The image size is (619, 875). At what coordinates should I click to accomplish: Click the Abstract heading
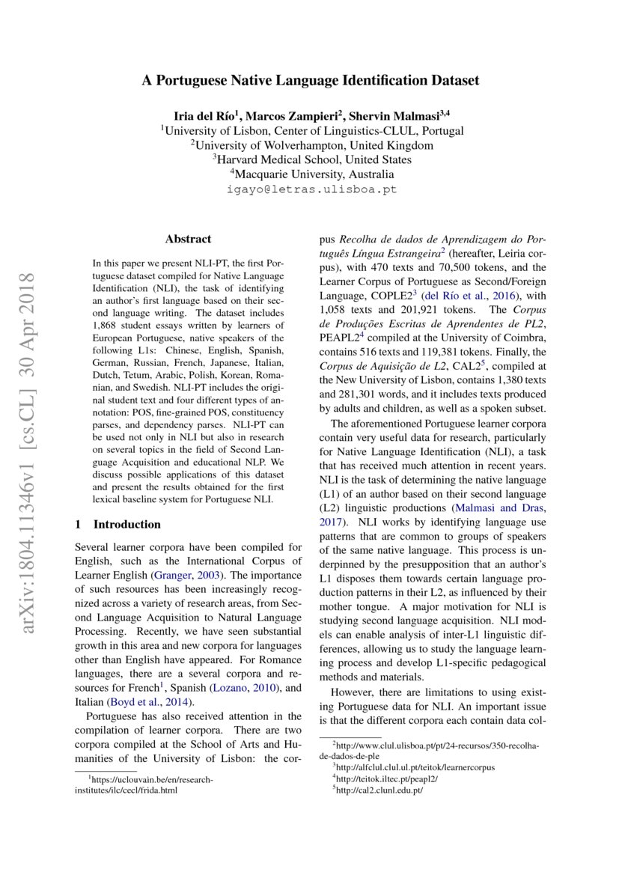click(188, 240)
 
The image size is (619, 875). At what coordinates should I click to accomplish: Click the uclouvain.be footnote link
click(146, 779)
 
